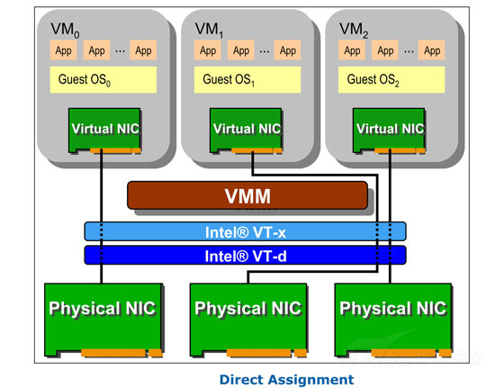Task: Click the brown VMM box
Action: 247,195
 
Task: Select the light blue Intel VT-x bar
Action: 246,231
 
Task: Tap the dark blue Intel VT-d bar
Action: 246,255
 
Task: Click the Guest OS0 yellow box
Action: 103,79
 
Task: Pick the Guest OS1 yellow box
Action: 247,79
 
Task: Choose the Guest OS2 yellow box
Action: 391,79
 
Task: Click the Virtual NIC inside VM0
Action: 104,131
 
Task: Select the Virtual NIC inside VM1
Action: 247,131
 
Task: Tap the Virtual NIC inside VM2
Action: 389,131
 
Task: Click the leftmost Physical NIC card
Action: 103,320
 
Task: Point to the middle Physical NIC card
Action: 248,320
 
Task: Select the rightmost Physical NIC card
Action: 393,320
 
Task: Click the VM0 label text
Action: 65,30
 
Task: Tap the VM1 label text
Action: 209,30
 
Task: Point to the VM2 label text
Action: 354,30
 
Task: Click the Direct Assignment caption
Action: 286,379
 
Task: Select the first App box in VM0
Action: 64,50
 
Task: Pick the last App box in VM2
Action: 432,50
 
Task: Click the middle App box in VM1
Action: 241,50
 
